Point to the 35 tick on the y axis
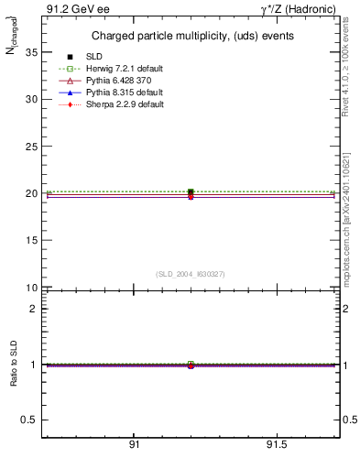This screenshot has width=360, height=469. [31, 52]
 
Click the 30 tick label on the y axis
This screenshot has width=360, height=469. [31, 100]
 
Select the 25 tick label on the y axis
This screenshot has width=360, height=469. [31, 147]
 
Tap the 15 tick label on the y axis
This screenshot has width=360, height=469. [31, 241]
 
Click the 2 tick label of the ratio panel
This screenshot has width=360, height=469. [33, 309]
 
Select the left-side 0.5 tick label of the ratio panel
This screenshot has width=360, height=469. [29, 420]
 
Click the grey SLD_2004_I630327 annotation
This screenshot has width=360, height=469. [190, 274]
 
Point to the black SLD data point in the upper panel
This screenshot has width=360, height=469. [191, 192]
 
